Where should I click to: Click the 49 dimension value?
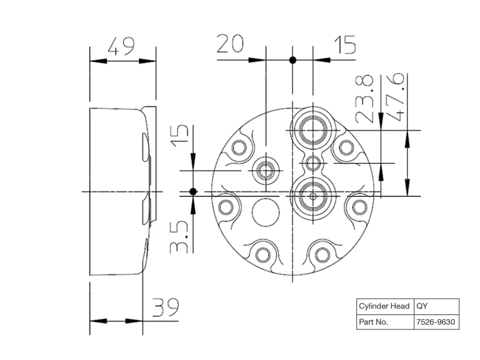(x=121, y=47)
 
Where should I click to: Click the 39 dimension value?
(x=166, y=307)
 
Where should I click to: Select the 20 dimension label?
(x=230, y=44)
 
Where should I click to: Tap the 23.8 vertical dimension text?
(x=365, y=99)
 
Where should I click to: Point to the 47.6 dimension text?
(x=395, y=97)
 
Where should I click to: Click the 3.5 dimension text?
(x=179, y=236)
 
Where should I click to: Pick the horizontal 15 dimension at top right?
(x=345, y=44)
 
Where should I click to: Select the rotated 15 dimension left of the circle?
(x=179, y=136)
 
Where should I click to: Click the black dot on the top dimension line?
(x=293, y=60)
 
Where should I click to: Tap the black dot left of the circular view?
(x=193, y=191)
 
